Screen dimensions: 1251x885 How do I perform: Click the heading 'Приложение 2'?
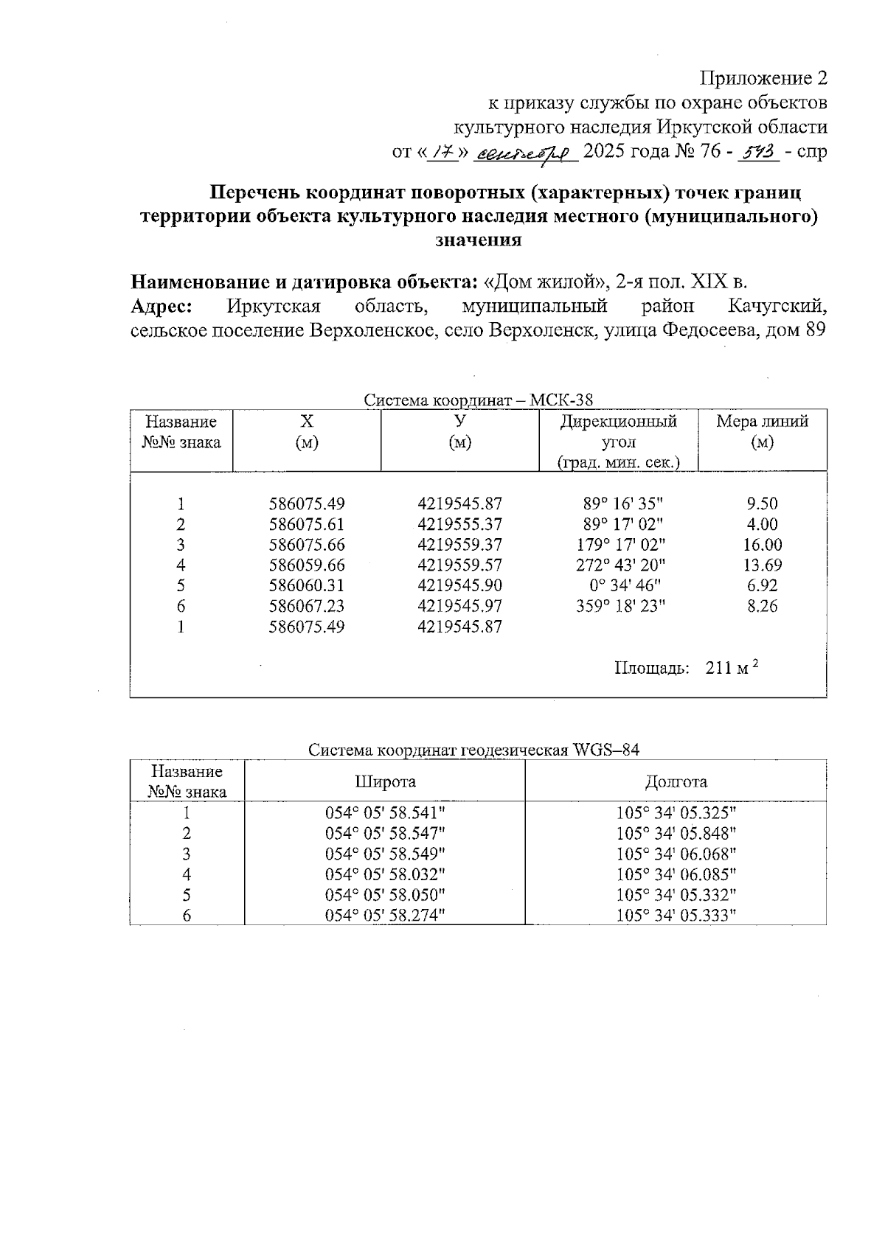coord(763,79)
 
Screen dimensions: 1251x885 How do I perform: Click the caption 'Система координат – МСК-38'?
coord(478,400)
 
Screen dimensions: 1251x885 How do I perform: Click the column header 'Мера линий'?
coord(762,422)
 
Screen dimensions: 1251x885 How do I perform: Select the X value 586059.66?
coord(307,565)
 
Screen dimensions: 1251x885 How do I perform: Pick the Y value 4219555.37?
coord(459,525)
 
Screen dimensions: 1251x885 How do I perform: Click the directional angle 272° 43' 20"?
coord(620,565)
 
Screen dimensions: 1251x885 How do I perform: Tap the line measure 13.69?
coord(762,565)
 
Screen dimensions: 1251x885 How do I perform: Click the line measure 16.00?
coord(762,545)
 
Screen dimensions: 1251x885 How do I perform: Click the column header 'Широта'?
coord(385,781)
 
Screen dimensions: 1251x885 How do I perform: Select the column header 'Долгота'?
coord(676,781)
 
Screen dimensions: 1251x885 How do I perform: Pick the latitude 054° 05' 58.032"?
coord(385,874)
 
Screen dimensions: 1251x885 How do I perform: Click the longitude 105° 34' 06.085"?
coord(676,874)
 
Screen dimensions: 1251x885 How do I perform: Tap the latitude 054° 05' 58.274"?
coord(385,916)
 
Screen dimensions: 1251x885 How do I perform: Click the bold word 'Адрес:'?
coord(162,306)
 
